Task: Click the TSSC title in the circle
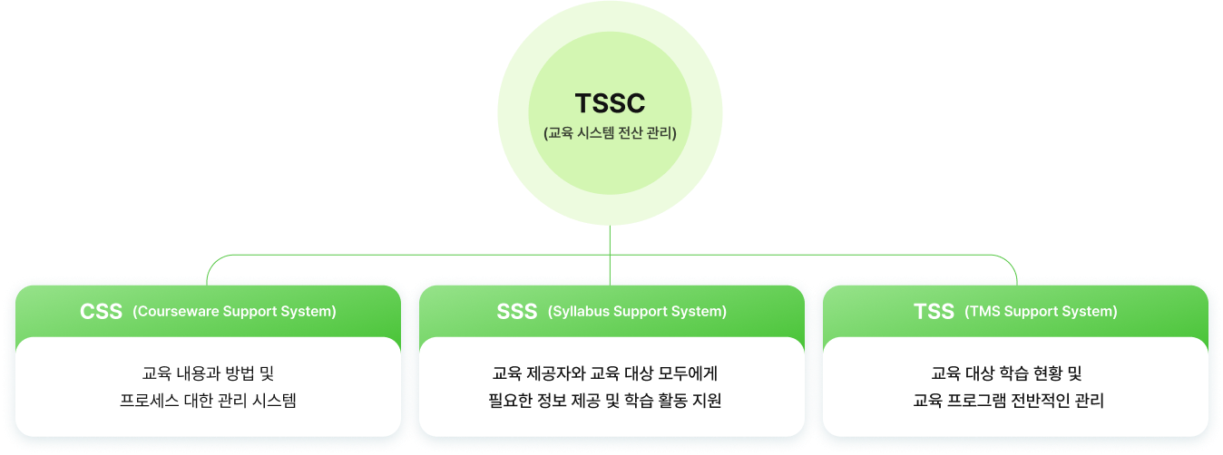pos(610,103)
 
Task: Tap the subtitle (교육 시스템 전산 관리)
pos(610,133)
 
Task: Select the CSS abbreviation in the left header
pos(101,312)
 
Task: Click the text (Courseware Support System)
pos(234,312)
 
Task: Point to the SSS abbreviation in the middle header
pos(517,312)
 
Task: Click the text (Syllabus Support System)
pos(637,312)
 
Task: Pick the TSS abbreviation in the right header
pos(934,312)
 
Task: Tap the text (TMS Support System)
pos(1042,312)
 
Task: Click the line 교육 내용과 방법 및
pos(208,373)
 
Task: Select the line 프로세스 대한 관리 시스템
pos(208,401)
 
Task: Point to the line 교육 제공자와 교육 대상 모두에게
pos(605,373)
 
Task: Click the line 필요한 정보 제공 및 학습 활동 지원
pos(605,401)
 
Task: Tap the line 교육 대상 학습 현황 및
pos(1006,373)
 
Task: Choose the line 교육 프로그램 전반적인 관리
pos(1008,401)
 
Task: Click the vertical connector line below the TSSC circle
pos(610,256)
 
